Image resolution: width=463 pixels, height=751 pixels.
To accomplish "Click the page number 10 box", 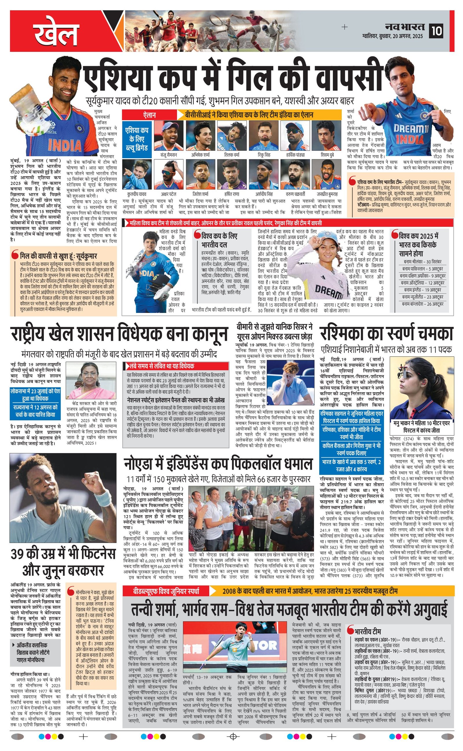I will [436, 31].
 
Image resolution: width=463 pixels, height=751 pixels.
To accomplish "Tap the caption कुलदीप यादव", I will [137, 194].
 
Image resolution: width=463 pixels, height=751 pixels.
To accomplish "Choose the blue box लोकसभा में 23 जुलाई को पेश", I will [35, 395].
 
